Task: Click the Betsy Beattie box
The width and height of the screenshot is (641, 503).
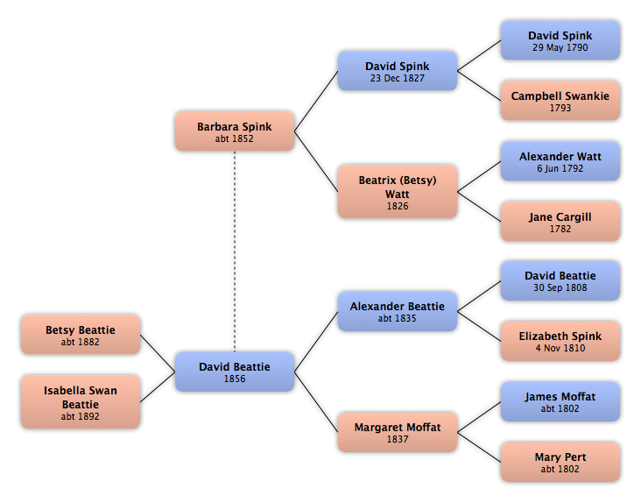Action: (81, 335)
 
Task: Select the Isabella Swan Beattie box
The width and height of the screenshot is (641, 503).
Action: (81, 402)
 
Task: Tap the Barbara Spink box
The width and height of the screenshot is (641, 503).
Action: (235, 131)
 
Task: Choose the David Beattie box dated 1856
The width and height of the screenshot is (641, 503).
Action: (235, 372)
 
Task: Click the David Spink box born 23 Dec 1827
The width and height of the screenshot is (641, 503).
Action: (398, 71)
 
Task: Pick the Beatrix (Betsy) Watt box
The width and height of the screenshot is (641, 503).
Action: (398, 192)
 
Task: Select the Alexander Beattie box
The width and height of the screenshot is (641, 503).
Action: (398, 311)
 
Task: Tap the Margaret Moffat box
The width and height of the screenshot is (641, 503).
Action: (398, 432)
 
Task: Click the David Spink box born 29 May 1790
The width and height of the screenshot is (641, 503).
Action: (560, 40)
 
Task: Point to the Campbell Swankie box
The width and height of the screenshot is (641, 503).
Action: (560, 101)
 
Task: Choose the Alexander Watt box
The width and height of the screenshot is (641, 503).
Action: (560, 161)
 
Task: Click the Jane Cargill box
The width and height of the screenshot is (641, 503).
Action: (560, 222)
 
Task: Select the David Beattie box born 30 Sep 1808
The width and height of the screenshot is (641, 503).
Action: (560, 280)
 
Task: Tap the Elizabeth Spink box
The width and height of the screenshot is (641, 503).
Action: (560, 341)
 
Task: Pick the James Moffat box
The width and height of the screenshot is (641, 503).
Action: (560, 401)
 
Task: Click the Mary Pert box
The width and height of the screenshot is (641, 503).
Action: (560, 462)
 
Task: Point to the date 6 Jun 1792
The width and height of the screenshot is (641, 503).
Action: (560, 168)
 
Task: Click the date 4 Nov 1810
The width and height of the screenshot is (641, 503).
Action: (560, 348)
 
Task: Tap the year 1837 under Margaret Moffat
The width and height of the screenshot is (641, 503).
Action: (398, 439)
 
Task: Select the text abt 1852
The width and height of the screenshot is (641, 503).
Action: (235, 138)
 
